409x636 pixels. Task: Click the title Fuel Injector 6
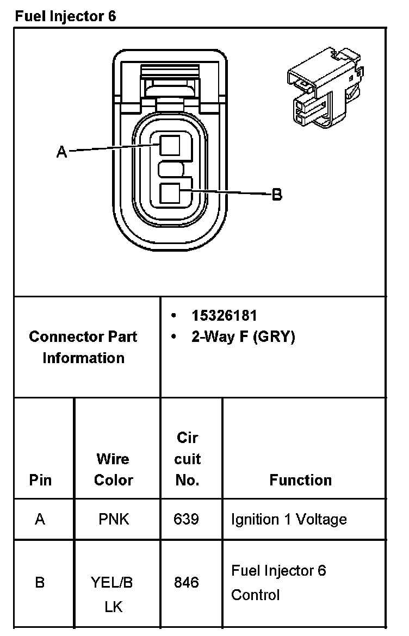pos(65,16)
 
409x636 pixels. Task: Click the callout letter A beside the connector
pos(63,152)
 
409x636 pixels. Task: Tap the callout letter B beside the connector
pos(277,194)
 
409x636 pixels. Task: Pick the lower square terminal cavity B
pos(170,193)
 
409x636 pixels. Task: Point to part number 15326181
pos(224,315)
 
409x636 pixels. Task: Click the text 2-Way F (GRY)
pos(243,337)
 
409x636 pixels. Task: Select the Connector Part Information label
pos(83,347)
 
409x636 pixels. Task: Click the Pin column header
pos(41,480)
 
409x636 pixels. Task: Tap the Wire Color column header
pos(113,469)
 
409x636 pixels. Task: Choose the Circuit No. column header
pos(187,459)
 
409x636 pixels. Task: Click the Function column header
pos(300,480)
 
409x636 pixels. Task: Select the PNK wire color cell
pos(114,519)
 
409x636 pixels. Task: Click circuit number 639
pos(186,519)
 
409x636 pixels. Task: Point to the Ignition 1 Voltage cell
pos(288,519)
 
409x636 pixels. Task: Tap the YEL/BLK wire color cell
pos(113,594)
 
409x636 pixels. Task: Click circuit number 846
pos(186,583)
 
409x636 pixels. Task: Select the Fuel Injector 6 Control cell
pos(278,582)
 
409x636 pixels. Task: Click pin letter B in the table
pos(40,583)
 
